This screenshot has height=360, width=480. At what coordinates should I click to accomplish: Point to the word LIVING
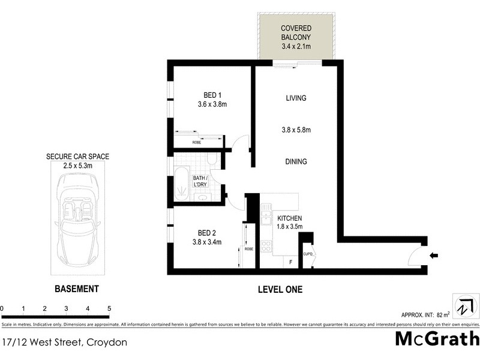(x=296, y=98)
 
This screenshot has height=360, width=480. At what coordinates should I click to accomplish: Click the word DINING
(x=296, y=161)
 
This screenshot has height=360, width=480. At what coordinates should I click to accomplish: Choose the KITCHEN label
(x=289, y=218)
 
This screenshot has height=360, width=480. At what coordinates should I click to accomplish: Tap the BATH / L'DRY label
(x=200, y=182)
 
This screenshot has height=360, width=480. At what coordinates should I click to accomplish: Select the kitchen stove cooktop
(x=266, y=245)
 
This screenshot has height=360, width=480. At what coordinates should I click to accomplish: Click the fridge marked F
(x=290, y=262)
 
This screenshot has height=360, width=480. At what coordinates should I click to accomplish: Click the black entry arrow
(x=434, y=256)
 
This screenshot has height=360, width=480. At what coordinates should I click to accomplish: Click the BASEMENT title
(x=76, y=289)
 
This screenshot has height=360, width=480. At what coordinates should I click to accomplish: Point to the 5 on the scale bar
(x=109, y=309)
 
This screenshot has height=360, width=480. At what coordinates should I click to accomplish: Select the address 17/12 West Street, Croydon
(x=64, y=343)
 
